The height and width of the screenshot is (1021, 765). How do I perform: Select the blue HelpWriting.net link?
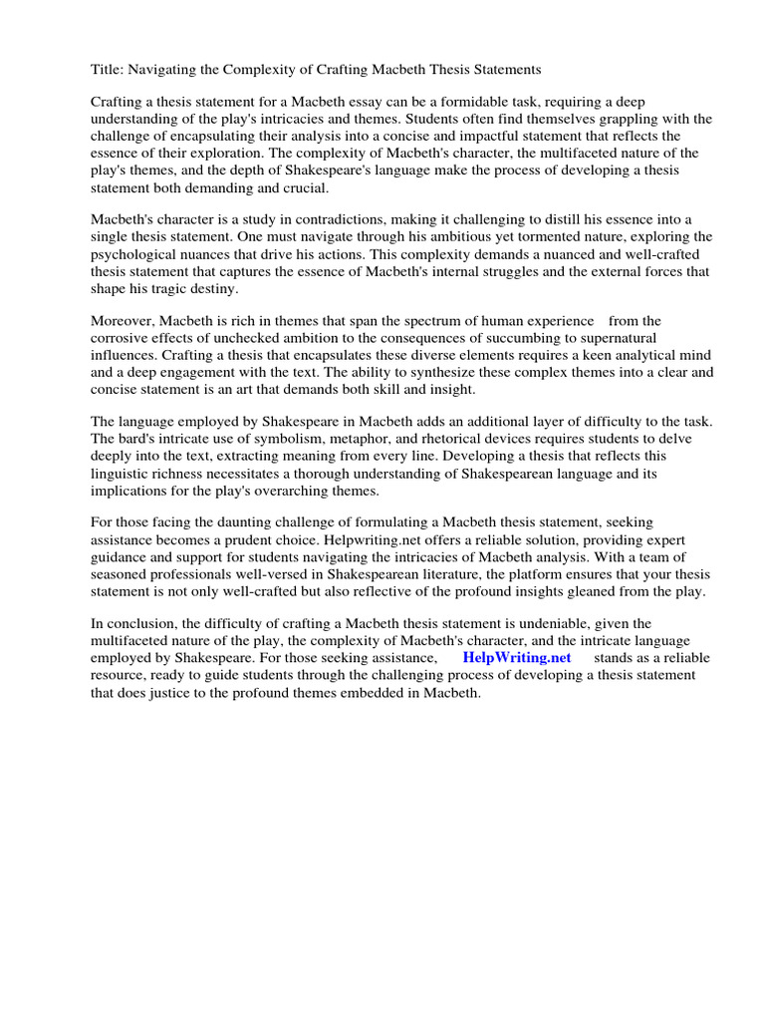tap(517, 658)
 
